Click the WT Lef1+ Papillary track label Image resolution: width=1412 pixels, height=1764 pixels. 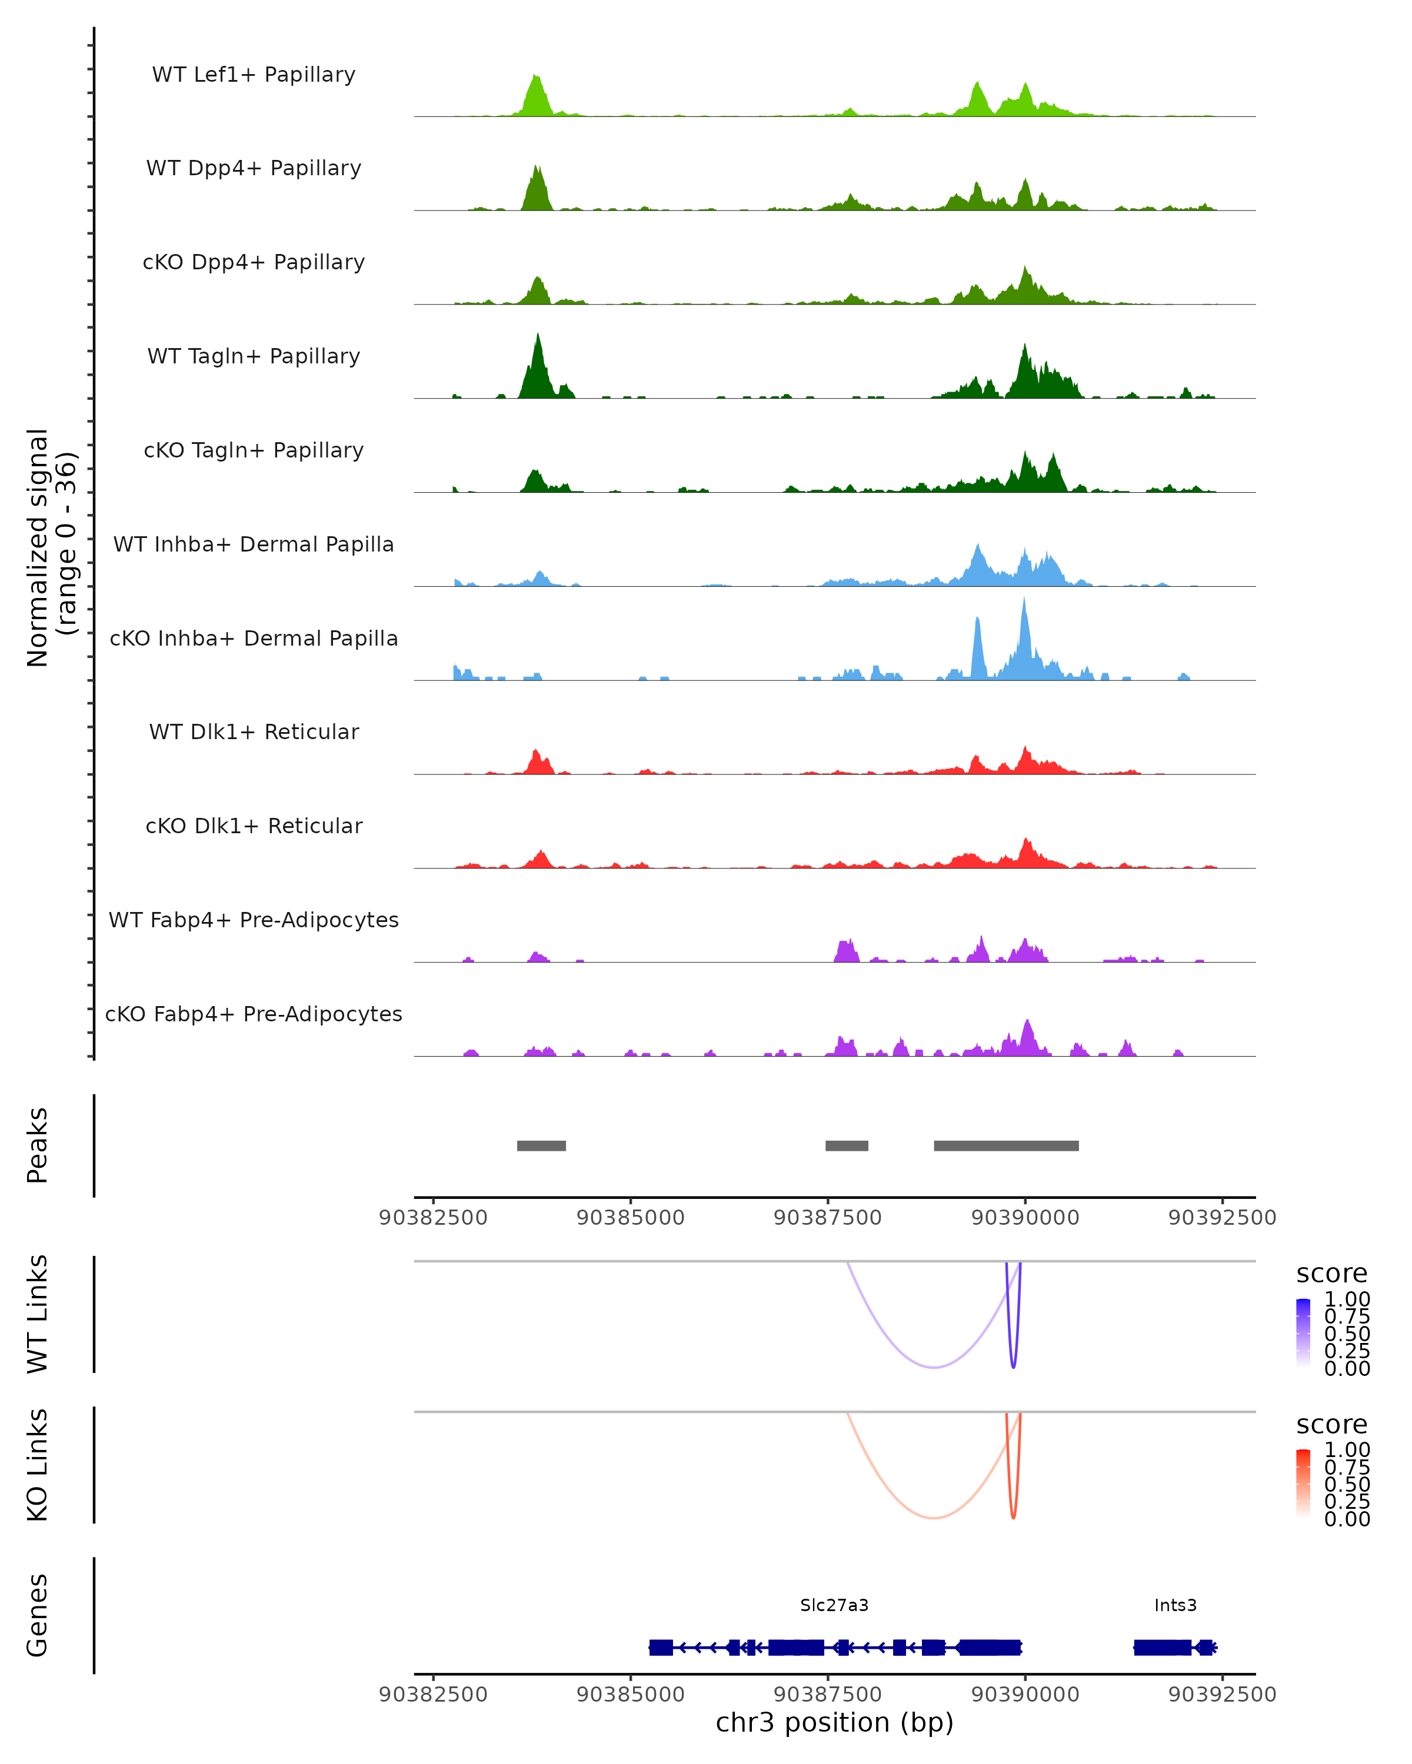coord(254,75)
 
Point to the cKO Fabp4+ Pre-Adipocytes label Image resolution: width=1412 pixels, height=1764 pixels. coord(254,1014)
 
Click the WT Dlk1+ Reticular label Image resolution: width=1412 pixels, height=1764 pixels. coord(254,731)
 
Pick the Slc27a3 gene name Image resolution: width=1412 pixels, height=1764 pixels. coord(834,1605)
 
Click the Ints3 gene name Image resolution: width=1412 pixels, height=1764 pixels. coord(1175,1605)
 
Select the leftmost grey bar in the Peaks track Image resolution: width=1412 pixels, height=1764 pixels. coord(541,1145)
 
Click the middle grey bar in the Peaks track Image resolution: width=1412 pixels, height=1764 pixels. coord(847,1145)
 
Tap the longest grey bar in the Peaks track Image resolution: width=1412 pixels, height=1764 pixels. coord(1006,1145)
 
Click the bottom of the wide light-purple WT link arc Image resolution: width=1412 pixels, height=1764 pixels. coord(933,1367)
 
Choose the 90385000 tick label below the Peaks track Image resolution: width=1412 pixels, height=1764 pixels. coord(630,1218)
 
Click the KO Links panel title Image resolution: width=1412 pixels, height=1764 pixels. coord(38,1465)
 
